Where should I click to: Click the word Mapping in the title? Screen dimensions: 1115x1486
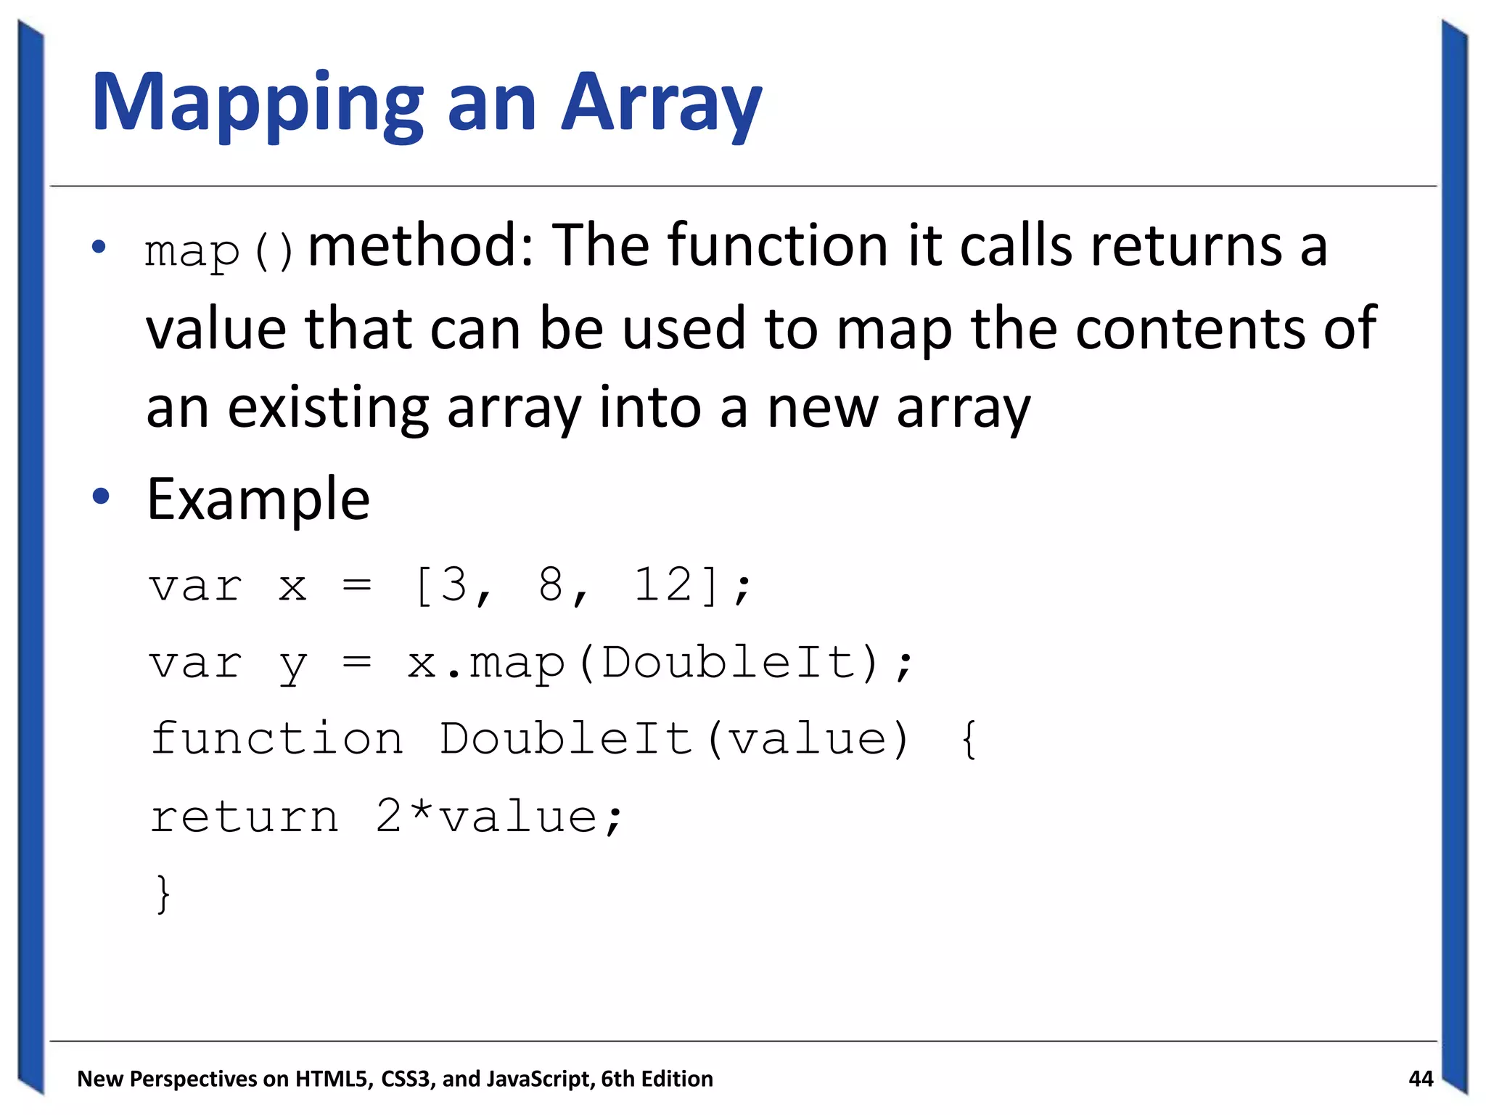pyautogui.click(x=258, y=104)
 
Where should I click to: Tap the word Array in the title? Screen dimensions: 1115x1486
pyautogui.click(x=662, y=104)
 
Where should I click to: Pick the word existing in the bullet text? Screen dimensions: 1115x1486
pyautogui.click(x=328, y=407)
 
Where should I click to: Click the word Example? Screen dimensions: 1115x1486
pyautogui.click(x=258, y=500)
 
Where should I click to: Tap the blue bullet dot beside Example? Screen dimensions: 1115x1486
pyautogui.click(x=101, y=497)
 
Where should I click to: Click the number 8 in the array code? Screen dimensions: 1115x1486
pyautogui.click(x=551, y=584)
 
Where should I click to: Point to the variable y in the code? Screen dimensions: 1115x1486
pyautogui.click(x=293, y=664)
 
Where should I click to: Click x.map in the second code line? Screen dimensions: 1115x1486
pyautogui.click(x=485, y=663)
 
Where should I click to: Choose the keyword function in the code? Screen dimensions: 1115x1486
pyautogui.click(x=276, y=739)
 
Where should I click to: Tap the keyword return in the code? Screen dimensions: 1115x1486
pyautogui.click(x=245, y=817)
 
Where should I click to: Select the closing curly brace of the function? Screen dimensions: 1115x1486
pyautogui.click(x=163, y=894)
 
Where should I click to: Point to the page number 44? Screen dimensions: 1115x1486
pyautogui.click(x=1420, y=1079)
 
